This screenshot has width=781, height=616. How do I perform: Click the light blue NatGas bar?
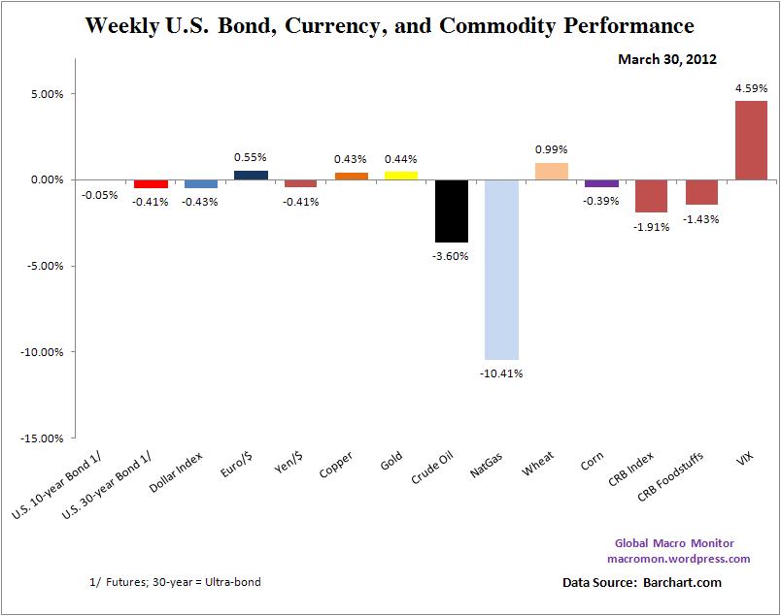tap(501, 269)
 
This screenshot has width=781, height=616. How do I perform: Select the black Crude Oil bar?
tap(451, 211)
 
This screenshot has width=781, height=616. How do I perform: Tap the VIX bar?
tap(751, 141)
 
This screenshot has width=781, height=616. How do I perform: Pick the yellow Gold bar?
tap(401, 176)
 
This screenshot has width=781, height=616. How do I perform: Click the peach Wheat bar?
tap(552, 172)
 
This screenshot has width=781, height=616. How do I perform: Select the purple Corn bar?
tap(601, 183)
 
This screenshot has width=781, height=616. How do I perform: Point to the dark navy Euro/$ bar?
tap(251, 175)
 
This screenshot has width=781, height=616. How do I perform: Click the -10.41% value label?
tap(502, 373)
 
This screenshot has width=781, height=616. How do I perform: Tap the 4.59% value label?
tap(751, 88)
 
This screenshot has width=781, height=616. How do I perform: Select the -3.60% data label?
tap(452, 256)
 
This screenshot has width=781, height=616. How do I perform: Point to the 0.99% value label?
tap(552, 149)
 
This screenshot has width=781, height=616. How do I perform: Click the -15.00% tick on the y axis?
tap(44, 438)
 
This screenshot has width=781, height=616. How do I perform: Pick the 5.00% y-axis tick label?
tap(48, 94)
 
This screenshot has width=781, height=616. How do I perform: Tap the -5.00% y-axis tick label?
tap(46, 266)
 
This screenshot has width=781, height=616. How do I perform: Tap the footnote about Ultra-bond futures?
tap(175, 582)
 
